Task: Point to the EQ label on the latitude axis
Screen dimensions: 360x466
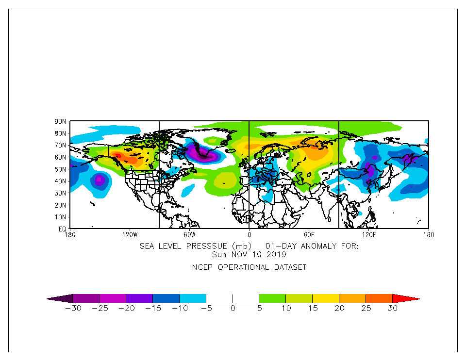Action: tap(63, 229)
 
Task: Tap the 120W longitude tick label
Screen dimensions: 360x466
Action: tap(129, 235)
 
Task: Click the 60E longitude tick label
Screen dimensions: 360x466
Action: tap(309, 235)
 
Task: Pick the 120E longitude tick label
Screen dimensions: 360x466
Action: tap(369, 235)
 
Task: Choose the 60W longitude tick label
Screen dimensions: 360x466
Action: tap(189, 235)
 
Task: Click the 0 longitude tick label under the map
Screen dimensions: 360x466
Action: tap(249, 235)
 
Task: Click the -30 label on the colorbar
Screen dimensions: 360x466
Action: tap(72, 308)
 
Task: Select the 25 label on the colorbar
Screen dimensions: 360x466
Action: tap(366, 308)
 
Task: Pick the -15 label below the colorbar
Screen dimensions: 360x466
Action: tap(152, 308)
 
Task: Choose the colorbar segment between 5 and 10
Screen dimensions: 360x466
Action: tap(272, 298)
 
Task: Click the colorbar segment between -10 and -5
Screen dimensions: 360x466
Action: tap(193, 298)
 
